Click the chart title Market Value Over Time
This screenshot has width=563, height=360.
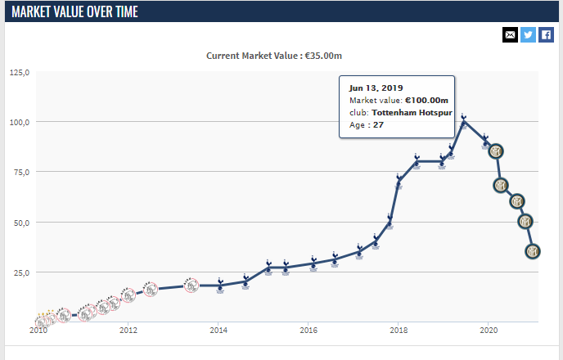[74, 11]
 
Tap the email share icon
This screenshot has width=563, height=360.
[511, 34]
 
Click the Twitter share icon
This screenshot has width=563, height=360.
[529, 34]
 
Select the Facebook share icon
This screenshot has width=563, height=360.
[547, 34]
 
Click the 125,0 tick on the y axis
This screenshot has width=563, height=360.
[20, 72]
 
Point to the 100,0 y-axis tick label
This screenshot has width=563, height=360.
[20, 122]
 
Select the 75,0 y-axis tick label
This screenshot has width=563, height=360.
[20, 172]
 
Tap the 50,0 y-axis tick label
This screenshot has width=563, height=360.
[20, 222]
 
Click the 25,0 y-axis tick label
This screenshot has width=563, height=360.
[20, 272]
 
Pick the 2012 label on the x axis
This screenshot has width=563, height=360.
[128, 331]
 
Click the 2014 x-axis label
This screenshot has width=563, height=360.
[218, 331]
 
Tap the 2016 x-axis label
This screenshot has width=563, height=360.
[309, 331]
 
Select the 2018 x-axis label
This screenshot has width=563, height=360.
[399, 331]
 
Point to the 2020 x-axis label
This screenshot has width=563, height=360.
[489, 331]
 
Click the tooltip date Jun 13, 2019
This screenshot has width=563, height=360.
[376, 88]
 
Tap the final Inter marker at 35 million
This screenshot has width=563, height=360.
[533, 251]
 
